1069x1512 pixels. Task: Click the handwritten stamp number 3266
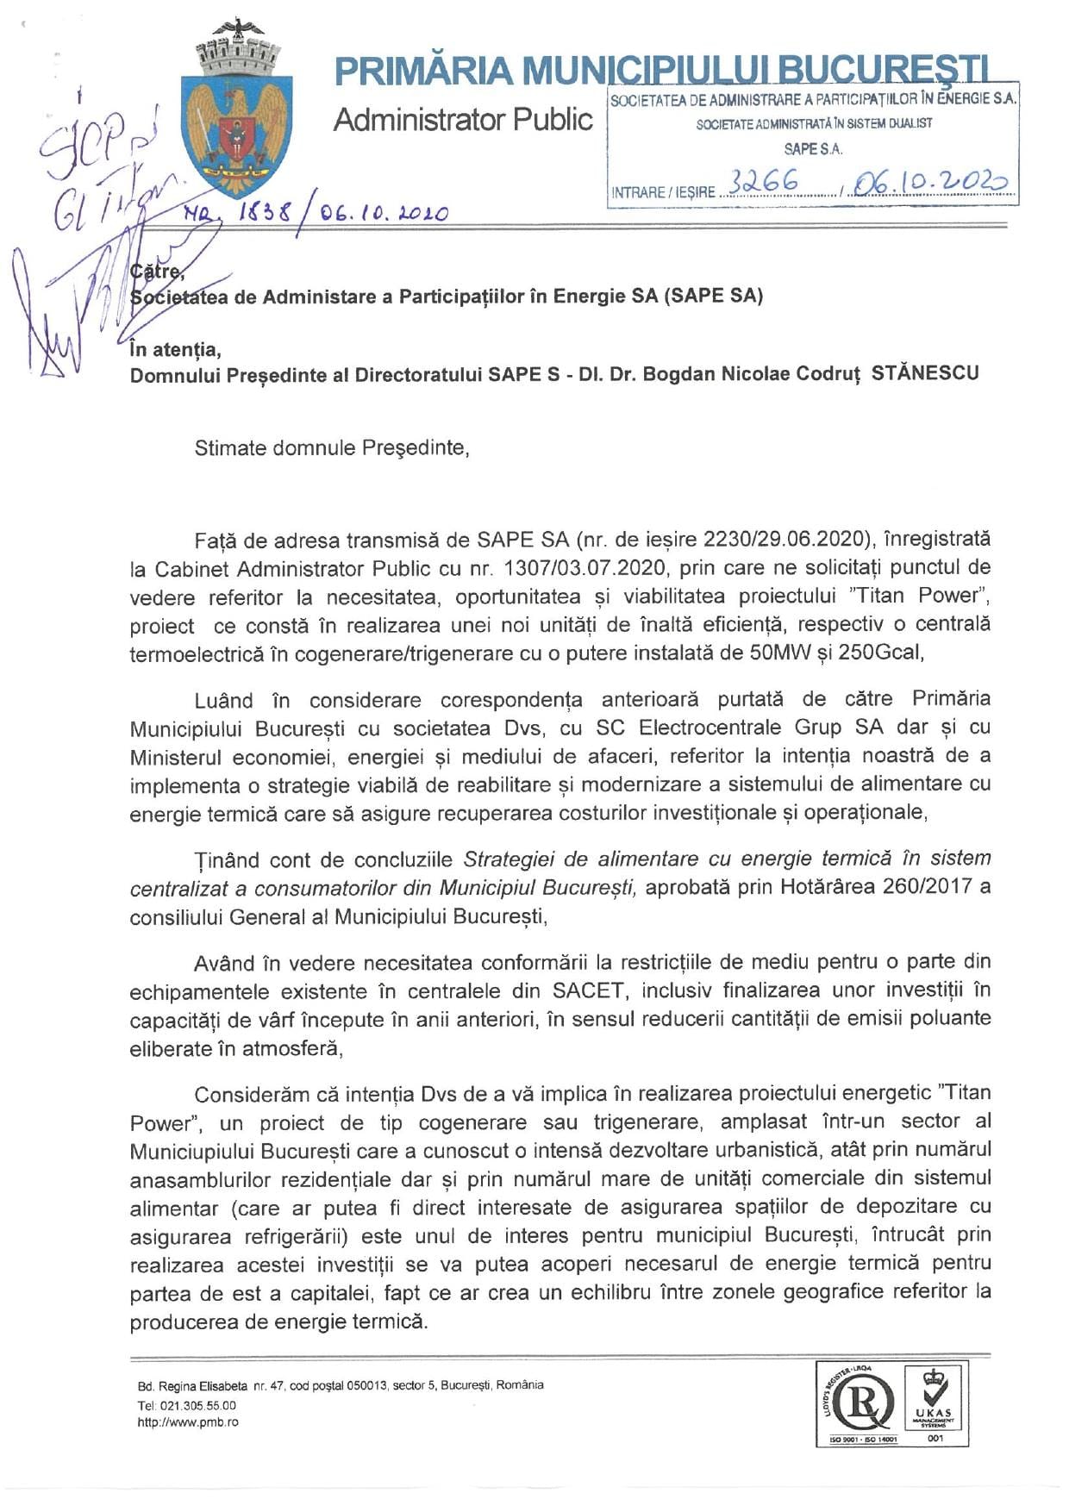764,183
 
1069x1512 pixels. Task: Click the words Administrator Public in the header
463,120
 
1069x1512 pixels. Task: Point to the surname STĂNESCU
925,374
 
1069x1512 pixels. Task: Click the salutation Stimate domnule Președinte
332,448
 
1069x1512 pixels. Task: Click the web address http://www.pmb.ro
188,1422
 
